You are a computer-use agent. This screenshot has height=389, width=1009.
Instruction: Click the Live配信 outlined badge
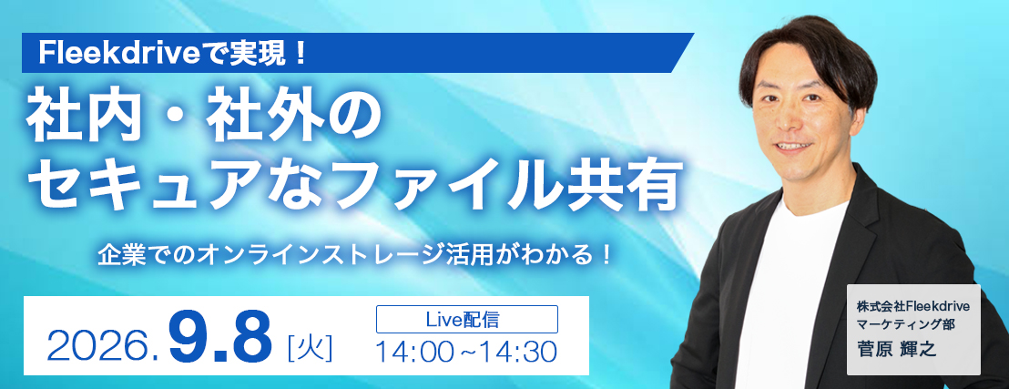click(x=466, y=319)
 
